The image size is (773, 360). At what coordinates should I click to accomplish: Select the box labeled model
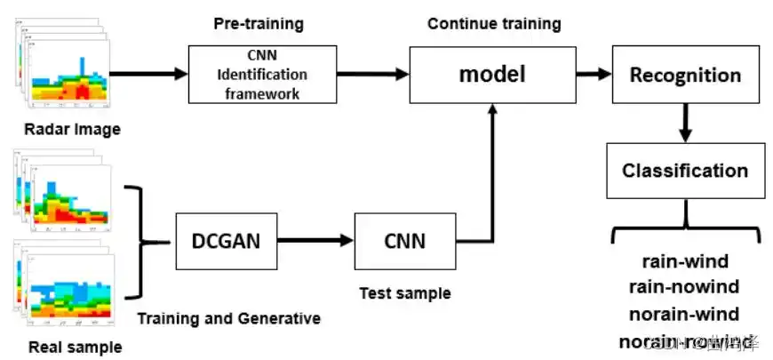491,75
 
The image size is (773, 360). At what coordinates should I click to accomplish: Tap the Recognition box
684,76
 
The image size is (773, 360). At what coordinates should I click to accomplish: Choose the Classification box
684,170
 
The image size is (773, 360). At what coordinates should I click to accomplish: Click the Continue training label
494,24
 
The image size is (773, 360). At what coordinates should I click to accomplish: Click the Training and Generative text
229,317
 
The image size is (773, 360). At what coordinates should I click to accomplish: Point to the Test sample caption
405,293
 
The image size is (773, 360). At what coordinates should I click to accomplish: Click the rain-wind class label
684,261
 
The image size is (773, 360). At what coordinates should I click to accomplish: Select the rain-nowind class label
684,287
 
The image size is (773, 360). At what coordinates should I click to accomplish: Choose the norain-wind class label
684,314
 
